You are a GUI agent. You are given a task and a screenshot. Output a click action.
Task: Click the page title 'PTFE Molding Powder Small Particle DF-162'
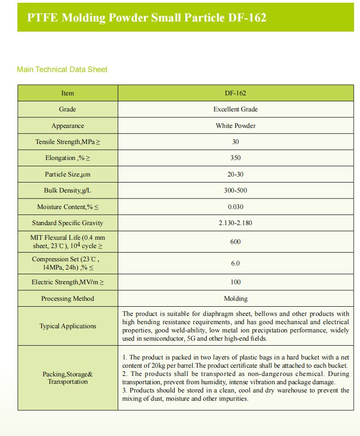[x=147, y=18]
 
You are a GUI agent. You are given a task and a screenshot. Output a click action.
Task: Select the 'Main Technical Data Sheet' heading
[x=62, y=70]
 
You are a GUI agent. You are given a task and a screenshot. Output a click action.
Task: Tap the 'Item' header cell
[x=67, y=93]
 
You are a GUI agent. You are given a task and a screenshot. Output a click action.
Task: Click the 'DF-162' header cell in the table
[x=235, y=93]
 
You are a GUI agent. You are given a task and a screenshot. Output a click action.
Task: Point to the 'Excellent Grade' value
[x=235, y=109]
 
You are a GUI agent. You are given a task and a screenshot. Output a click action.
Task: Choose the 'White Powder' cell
[x=235, y=126]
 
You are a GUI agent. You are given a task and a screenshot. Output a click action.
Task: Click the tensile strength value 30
[x=235, y=142]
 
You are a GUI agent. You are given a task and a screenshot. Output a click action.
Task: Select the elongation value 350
[x=235, y=158]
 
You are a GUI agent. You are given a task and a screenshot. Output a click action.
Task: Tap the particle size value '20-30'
[x=235, y=174]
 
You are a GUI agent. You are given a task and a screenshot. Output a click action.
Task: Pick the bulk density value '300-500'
[x=235, y=190]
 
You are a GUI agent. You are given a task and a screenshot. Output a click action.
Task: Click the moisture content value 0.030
[x=235, y=207]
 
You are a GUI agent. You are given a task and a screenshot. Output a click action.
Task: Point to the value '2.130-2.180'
[x=235, y=223]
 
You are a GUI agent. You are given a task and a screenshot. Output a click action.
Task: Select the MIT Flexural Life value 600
[x=235, y=242]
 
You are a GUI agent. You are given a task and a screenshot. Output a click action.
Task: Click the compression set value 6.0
[x=235, y=263]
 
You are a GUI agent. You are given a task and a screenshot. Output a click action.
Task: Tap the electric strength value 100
[x=235, y=282]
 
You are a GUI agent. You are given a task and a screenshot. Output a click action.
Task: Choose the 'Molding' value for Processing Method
[x=235, y=298]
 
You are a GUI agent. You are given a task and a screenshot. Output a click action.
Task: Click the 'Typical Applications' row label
[x=68, y=326]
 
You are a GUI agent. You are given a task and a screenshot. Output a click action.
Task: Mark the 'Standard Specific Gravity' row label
[x=67, y=223]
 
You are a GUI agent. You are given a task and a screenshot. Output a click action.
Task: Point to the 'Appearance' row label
[x=68, y=126]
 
